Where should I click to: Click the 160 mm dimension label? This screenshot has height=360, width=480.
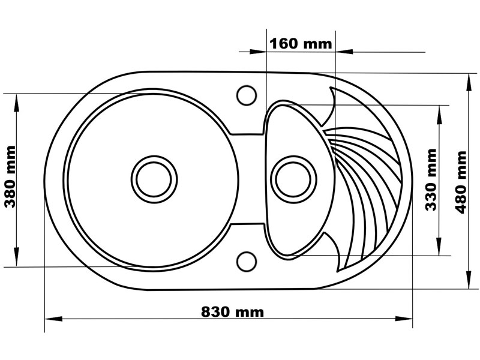tap(301, 43)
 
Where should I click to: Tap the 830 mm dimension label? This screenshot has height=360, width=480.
tap(232, 312)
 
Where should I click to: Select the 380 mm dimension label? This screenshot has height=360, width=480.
tap(10, 176)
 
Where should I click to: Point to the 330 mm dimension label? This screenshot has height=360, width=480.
tap(431, 179)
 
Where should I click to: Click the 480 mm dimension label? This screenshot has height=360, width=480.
tap(460, 182)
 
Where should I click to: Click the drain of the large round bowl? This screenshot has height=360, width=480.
tap(154, 179)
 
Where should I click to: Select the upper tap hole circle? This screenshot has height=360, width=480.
tap(247, 95)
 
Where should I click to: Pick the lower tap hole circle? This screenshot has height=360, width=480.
tap(247, 262)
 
